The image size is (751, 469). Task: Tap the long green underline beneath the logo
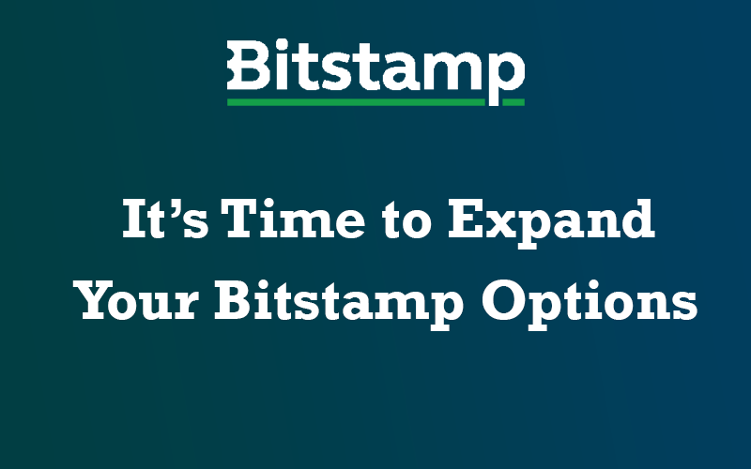point(356,102)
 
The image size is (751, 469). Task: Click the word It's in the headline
point(166,219)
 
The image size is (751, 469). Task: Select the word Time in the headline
point(293,219)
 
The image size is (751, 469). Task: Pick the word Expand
point(551,223)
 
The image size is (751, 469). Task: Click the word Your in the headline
point(136,300)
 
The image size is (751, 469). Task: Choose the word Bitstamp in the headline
point(339,305)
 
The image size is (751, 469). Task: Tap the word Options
point(590,305)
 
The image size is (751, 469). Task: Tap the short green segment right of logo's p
point(513,102)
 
